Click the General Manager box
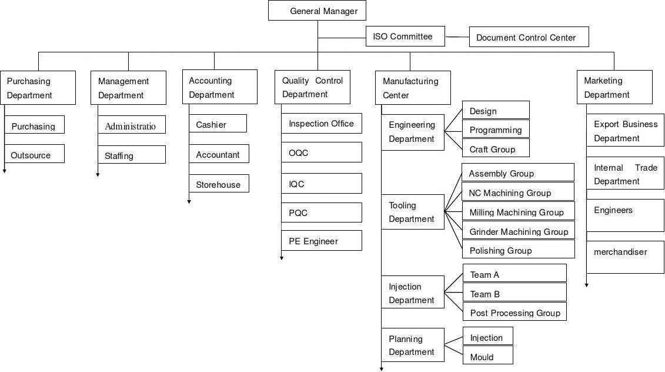(x=318, y=11)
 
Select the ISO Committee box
(x=406, y=36)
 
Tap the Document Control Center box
(x=529, y=37)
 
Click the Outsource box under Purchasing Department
(x=34, y=154)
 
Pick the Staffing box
(x=132, y=155)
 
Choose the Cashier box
(x=218, y=123)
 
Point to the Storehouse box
(x=219, y=183)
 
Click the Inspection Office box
(x=322, y=123)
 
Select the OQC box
(x=322, y=152)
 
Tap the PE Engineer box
(x=322, y=240)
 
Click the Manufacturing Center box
(x=413, y=88)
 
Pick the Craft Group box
(x=496, y=148)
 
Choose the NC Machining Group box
(x=518, y=191)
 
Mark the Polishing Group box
(x=518, y=249)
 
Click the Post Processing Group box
(x=514, y=312)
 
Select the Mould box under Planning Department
(x=487, y=355)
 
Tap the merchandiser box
(x=625, y=257)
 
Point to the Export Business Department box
(x=625, y=130)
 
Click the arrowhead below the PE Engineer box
(x=282, y=258)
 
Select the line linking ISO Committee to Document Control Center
(x=457, y=37)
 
